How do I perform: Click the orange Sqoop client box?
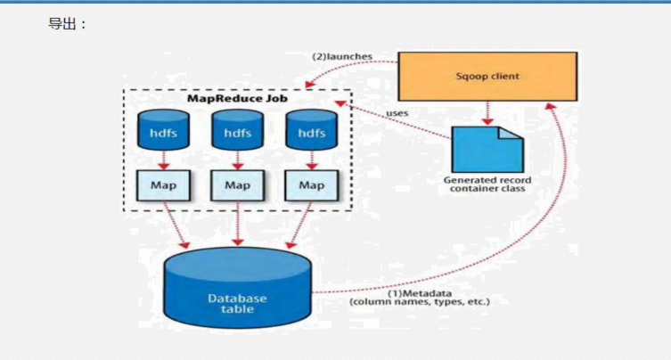pos(487,77)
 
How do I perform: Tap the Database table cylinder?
pos(238,288)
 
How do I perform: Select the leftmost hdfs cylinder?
pos(163,130)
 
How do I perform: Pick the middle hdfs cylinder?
pos(238,130)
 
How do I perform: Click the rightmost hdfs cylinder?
pos(312,130)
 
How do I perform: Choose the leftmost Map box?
pos(163,185)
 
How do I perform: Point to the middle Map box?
pos(238,185)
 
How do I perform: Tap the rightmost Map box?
pos(312,185)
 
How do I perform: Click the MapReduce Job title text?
pos(238,98)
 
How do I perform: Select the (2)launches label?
pos(342,56)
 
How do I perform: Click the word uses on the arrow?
pos(397,113)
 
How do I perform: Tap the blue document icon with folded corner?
pos(487,150)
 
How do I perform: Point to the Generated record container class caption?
pos(487,184)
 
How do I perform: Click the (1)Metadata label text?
pos(420,294)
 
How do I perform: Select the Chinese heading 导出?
pos(62,24)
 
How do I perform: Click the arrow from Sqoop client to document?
pos(487,113)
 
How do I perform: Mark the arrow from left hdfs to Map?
pos(163,160)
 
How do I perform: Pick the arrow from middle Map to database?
pos(238,224)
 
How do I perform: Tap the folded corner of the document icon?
pos(511,133)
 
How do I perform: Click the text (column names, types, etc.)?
pos(420,302)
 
